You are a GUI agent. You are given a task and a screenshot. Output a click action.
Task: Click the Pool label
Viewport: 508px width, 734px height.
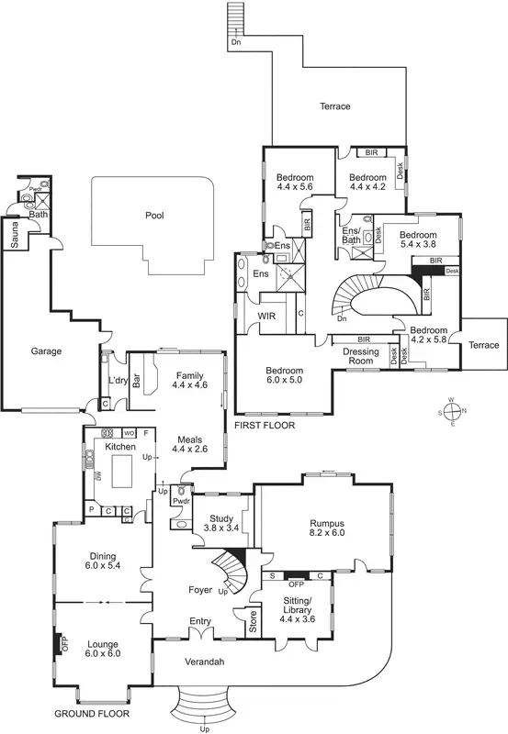pos(154,217)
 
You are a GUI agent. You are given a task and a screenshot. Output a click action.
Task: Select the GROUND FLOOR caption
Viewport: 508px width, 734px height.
pos(91,713)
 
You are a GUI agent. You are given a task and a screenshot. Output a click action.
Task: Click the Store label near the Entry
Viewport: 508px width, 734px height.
pos(244,628)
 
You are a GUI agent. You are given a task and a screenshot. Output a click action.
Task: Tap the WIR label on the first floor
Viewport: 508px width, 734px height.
pos(267,317)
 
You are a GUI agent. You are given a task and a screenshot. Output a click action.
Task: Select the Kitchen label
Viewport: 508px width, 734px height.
pos(120,446)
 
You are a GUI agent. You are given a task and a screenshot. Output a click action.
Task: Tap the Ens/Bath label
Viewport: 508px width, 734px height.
pos(352,235)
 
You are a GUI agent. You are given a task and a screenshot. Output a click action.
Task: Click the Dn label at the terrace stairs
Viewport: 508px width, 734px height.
pos(236,43)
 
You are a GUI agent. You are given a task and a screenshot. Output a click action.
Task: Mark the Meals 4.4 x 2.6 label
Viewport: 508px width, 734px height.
pos(190,444)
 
